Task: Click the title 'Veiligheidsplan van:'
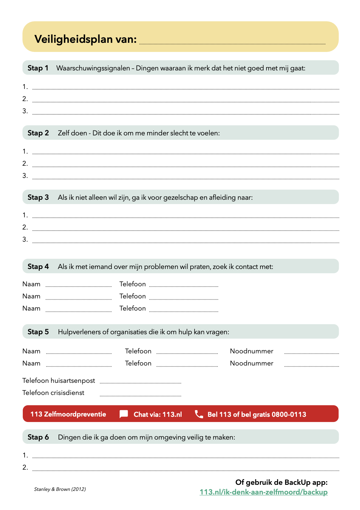click(x=86, y=39)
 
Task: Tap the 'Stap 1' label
click(x=38, y=68)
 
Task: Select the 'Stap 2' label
click(x=38, y=133)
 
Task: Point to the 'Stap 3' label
click(x=38, y=197)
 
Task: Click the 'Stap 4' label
click(x=38, y=267)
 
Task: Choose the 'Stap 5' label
click(x=38, y=332)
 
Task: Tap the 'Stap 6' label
click(x=38, y=437)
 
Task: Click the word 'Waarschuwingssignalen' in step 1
click(x=93, y=68)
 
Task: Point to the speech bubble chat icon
click(x=124, y=414)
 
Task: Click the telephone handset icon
click(x=199, y=414)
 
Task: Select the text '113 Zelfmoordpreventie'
click(x=68, y=414)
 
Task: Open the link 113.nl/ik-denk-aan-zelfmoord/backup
click(x=263, y=492)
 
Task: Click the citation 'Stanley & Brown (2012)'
click(x=60, y=489)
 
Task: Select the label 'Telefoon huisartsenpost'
click(x=59, y=381)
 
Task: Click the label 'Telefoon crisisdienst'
click(x=53, y=393)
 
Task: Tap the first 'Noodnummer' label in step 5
click(x=252, y=351)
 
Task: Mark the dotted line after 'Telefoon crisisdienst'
click(x=141, y=396)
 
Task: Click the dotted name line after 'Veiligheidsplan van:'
click(x=232, y=43)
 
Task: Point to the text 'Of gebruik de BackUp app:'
click(x=281, y=482)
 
